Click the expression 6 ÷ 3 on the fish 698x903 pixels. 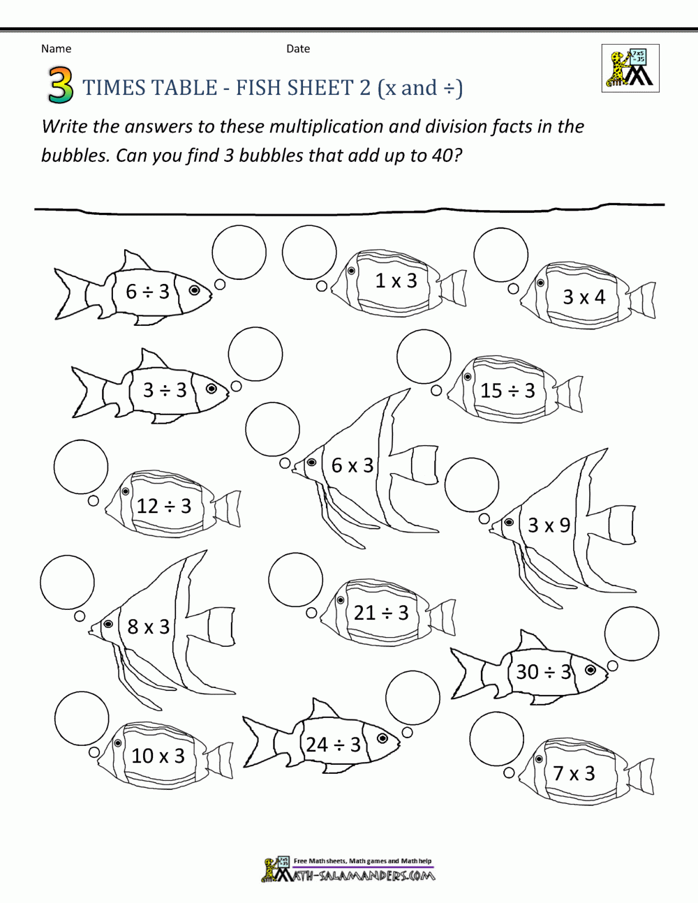pyautogui.click(x=147, y=291)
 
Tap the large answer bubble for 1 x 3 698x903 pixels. pyautogui.click(x=310, y=253)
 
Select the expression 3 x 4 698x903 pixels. pyautogui.click(x=584, y=297)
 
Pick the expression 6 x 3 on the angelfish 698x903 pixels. pyautogui.click(x=352, y=465)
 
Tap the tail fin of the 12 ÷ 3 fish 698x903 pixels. pyautogui.click(x=228, y=507)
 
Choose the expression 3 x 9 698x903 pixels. pyautogui.click(x=549, y=525)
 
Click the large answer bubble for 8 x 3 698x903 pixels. pyautogui.click(x=67, y=583)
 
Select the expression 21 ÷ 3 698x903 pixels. pyautogui.click(x=381, y=613)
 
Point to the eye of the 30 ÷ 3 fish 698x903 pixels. pyautogui.click(x=591, y=670)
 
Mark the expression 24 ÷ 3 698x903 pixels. pyautogui.click(x=334, y=745)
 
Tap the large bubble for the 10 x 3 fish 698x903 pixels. pyautogui.click(x=82, y=719)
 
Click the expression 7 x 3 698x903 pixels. pyautogui.click(x=574, y=773)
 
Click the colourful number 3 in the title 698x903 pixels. pyautogui.click(x=61, y=86)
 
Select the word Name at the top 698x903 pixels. pyautogui.click(x=56, y=49)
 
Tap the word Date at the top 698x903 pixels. pyautogui.click(x=298, y=49)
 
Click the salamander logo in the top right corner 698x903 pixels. pyautogui.click(x=630, y=68)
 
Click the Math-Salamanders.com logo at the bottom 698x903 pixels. pyautogui.click(x=348, y=870)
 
